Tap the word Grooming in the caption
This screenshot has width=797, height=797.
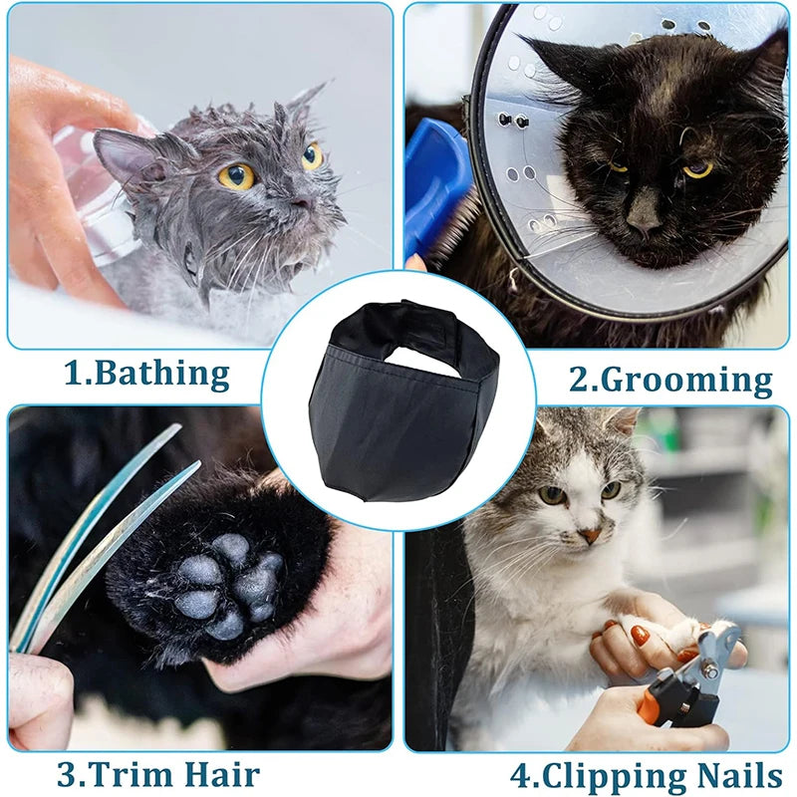[686, 380]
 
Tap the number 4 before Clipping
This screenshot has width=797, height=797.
[521, 776]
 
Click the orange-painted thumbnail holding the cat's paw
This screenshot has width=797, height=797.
[639, 636]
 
